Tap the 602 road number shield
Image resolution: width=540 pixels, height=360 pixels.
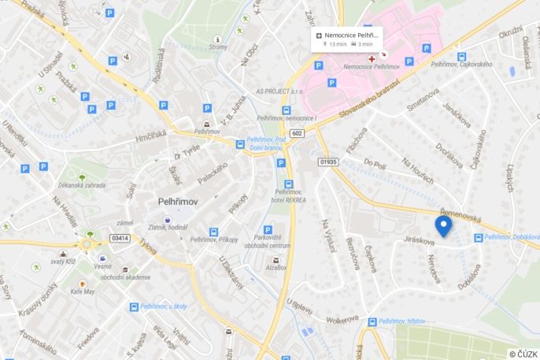pos(297,133)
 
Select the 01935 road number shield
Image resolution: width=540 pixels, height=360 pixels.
pos(328,161)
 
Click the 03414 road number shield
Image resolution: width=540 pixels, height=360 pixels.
pos(120,237)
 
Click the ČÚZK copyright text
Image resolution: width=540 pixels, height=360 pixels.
pos(523,354)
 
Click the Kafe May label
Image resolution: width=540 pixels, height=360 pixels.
pos(83,291)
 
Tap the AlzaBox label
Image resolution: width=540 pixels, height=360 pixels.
pos(276,268)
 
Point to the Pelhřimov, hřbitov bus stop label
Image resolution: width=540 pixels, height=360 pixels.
pos(402,321)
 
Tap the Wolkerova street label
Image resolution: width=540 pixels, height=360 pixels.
pos(342,321)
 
